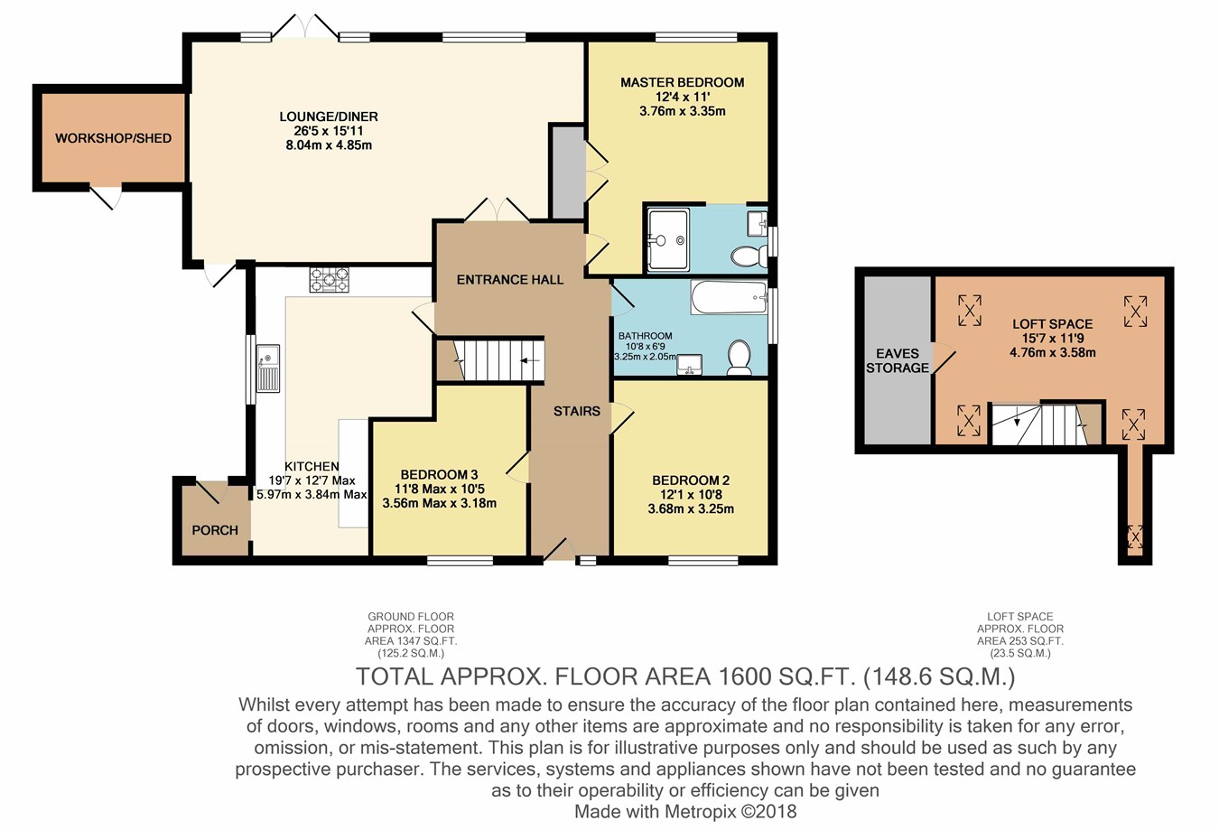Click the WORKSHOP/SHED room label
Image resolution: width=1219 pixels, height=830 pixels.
click(x=113, y=138)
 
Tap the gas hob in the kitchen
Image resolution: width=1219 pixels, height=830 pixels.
click(x=330, y=280)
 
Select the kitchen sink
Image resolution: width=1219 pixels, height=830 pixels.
click(x=268, y=368)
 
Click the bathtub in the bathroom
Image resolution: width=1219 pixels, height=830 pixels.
click(x=730, y=297)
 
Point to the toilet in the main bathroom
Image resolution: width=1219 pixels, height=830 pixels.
click(x=740, y=359)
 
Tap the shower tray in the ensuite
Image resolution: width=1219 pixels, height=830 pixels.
click(x=668, y=239)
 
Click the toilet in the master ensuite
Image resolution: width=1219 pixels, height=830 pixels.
click(x=749, y=256)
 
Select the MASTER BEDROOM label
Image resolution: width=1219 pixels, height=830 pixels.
click(x=683, y=83)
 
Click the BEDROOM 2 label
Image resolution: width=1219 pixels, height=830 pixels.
click(x=691, y=480)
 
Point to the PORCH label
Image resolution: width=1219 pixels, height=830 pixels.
click(x=215, y=530)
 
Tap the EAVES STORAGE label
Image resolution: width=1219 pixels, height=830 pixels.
click(x=898, y=361)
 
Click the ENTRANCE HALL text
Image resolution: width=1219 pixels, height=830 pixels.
click(x=510, y=280)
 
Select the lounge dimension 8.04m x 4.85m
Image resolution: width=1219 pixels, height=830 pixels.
click(x=329, y=145)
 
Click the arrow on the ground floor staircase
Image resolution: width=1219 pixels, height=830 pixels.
click(x=529, y=360)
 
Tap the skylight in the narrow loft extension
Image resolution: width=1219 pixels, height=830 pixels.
click(x=1135, y=536)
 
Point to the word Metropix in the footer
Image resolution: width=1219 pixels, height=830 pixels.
click(x=701, y=812)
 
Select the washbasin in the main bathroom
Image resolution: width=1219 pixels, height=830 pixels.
click(x=689, y=365)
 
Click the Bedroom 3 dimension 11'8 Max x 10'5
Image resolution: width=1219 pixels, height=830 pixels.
click(x=440, y=489)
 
